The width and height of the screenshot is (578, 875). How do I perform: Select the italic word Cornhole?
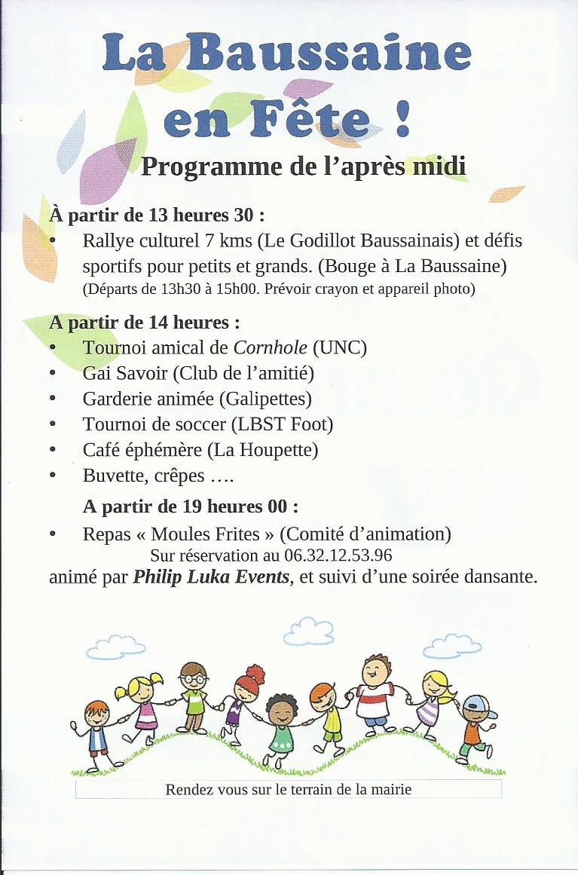(x=271, y=347)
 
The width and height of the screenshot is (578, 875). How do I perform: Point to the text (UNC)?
(x=340, y=347)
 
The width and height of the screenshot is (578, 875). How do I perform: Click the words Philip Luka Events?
(x=211, y=578)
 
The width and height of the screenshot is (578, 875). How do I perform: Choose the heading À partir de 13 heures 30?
(x=157, y=216)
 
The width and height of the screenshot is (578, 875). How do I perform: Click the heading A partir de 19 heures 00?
(x=190, y=506)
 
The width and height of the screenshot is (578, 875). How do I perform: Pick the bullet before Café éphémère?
(x=53, y=450)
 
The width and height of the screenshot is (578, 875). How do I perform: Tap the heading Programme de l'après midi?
(x=303, y=167)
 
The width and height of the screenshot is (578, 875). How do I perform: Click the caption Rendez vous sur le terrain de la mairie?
(x=288, y=790)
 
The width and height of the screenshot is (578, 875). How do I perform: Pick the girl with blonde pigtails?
(x=141, y=705)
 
